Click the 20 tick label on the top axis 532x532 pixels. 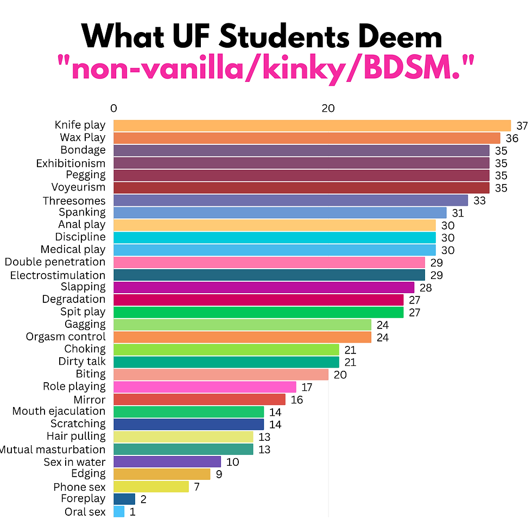328,108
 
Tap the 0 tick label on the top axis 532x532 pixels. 113,108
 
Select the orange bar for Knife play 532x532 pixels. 312,125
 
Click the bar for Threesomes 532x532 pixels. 290,200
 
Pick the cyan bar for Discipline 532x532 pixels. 274,237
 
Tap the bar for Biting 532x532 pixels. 221,375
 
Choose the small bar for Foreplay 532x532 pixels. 124,499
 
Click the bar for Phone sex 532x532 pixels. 151,486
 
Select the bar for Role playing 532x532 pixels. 205,387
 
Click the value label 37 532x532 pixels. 522,126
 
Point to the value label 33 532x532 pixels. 479,201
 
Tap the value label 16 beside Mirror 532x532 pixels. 296,400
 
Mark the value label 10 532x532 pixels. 232,462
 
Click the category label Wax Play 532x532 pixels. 83,138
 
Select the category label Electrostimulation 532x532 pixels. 58,275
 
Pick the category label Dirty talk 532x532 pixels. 82,362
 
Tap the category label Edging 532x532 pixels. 88,474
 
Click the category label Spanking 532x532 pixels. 82,212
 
